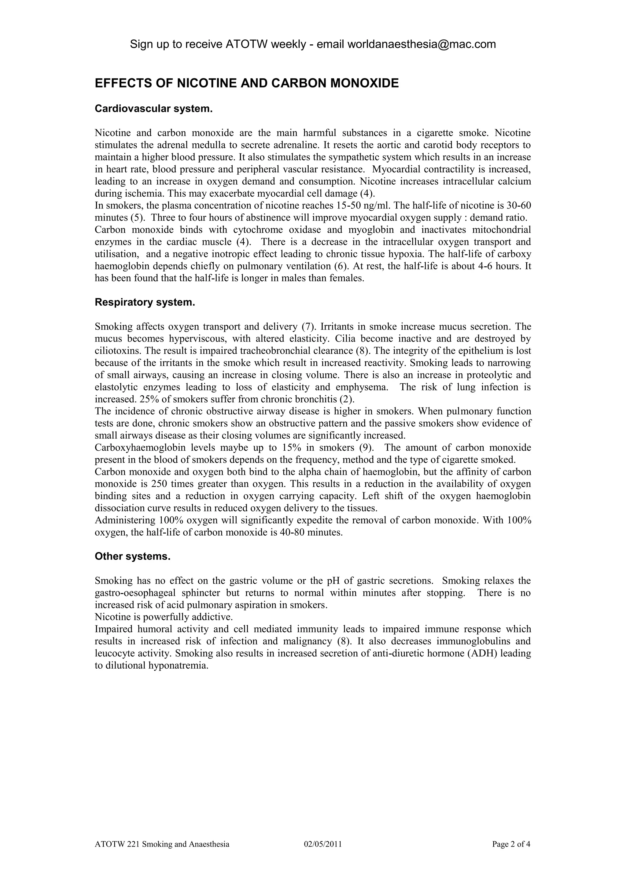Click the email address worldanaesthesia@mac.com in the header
tap(422, 44)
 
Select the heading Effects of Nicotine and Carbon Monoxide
tap(247, 83)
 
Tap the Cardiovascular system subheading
tap(153, 109)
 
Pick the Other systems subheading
tap(132, 556)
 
